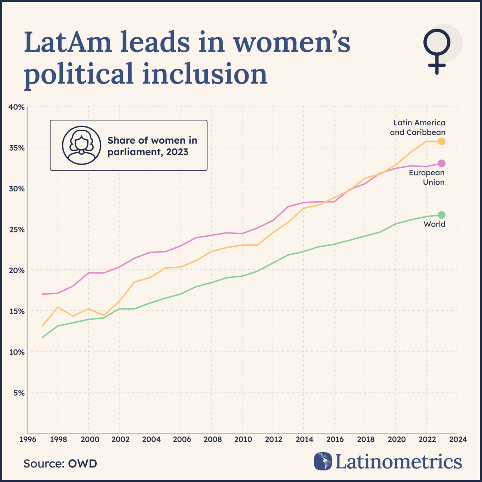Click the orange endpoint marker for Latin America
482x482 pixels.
point(441,141)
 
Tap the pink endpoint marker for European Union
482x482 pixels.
point(441,163)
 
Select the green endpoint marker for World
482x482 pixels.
point(441,215)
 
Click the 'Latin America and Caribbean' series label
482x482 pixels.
point(417,128)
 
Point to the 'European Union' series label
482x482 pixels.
point(426,178)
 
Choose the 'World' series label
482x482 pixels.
point(434,224)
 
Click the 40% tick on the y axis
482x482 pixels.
point(16,107)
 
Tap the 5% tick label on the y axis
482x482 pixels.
point(19,393)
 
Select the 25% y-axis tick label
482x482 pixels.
point(16,230)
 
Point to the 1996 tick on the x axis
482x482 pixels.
point(28,439)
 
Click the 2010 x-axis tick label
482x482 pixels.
point(243,439)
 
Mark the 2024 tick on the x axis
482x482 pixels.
point(458,439)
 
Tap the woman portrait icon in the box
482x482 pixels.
point(81,145)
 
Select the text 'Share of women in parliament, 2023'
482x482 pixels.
point(152,146)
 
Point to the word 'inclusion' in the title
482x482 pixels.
point(205,73)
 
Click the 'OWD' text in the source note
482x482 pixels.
point(82,464)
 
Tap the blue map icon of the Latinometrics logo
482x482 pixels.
point(323,461)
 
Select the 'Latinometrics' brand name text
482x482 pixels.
point(398,461)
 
